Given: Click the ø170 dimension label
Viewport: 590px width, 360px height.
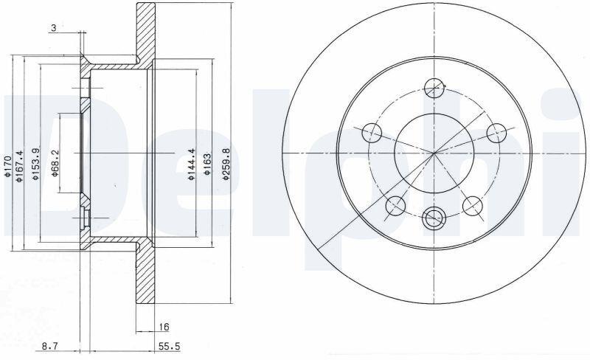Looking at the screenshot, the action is [6, 164].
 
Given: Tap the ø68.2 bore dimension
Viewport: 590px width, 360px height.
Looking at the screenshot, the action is [55, 163].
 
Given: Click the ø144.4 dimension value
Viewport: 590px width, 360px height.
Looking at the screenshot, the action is [191, 164].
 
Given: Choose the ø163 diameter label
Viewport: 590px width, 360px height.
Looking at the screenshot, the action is [206, 164].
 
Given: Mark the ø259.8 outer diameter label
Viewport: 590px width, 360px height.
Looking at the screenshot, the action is [226, 164].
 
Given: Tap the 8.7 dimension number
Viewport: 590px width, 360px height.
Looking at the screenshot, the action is [49, 346].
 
